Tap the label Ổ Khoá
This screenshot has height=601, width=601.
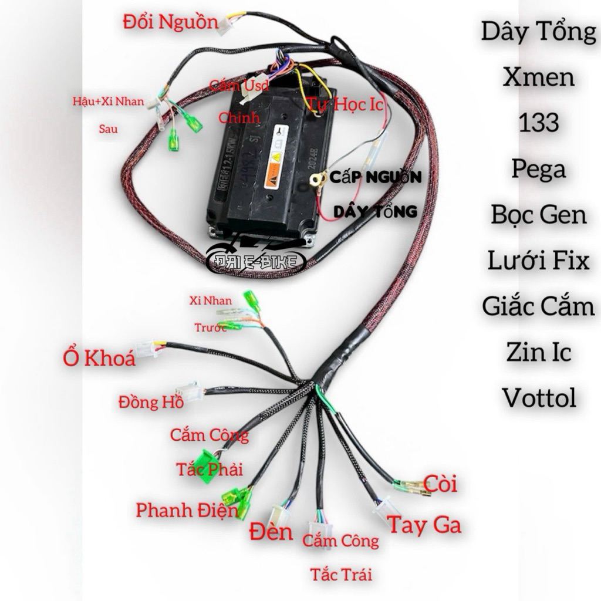pos(99,357)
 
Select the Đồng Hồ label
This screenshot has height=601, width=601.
pos(150,402)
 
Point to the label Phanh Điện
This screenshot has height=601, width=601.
pos(187,509)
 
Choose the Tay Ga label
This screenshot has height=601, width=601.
pos(424,524)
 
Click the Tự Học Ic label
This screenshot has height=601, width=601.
pos(346,105)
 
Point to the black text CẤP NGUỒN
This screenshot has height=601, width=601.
pos(375,177)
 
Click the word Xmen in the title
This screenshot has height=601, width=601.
pos(538,77)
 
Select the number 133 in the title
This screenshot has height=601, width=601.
pos(538,123)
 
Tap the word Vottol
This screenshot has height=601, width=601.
pos(538,398)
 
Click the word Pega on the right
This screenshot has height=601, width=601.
pos(538,169)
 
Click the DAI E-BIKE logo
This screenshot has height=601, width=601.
pos(257,261)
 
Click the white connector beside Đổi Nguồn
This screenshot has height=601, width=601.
pos(226,25)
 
